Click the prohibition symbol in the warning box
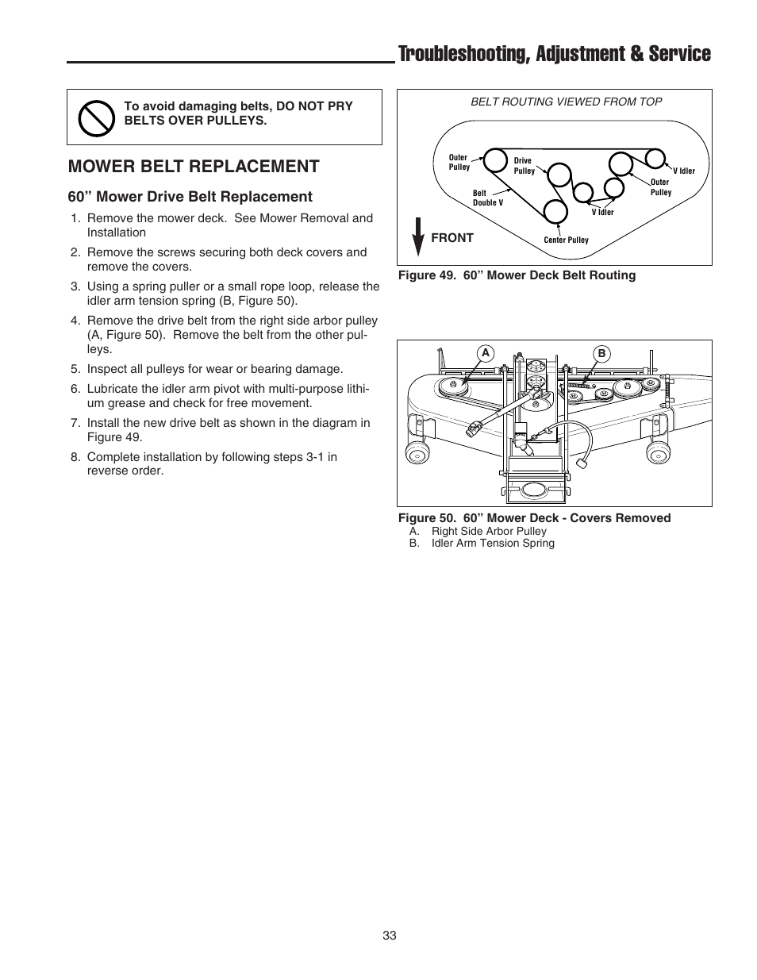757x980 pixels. (x=95, y=117)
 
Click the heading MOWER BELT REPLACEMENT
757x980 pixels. (x=194, y=166)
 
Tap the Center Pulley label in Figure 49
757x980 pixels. (x=566, y=240)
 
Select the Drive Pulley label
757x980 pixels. (x=525, y=166)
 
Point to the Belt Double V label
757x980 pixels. (x=487, y=198)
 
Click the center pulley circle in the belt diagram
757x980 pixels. (x=555, y=210)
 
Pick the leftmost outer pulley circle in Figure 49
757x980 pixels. (x=495, y=160)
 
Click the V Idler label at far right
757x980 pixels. (x=683, y=171)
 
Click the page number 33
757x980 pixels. (x=389, y=936)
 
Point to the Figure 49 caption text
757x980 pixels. (x=517, y=275)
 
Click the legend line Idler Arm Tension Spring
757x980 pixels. (x=492, y=544)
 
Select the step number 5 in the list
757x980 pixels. (x=75, y=369)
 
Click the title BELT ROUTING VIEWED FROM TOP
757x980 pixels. (x=566, y=102)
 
